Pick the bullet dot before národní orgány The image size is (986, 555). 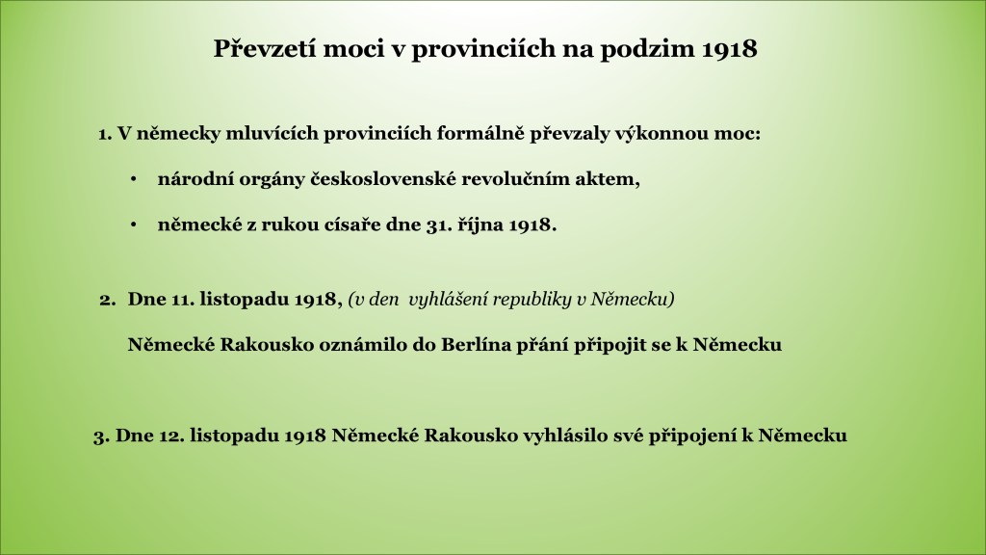tap(133, 180)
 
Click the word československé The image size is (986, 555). tap(383, 179)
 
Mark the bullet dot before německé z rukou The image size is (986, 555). tap(133, 225)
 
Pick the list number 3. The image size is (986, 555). tap(102, 436)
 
